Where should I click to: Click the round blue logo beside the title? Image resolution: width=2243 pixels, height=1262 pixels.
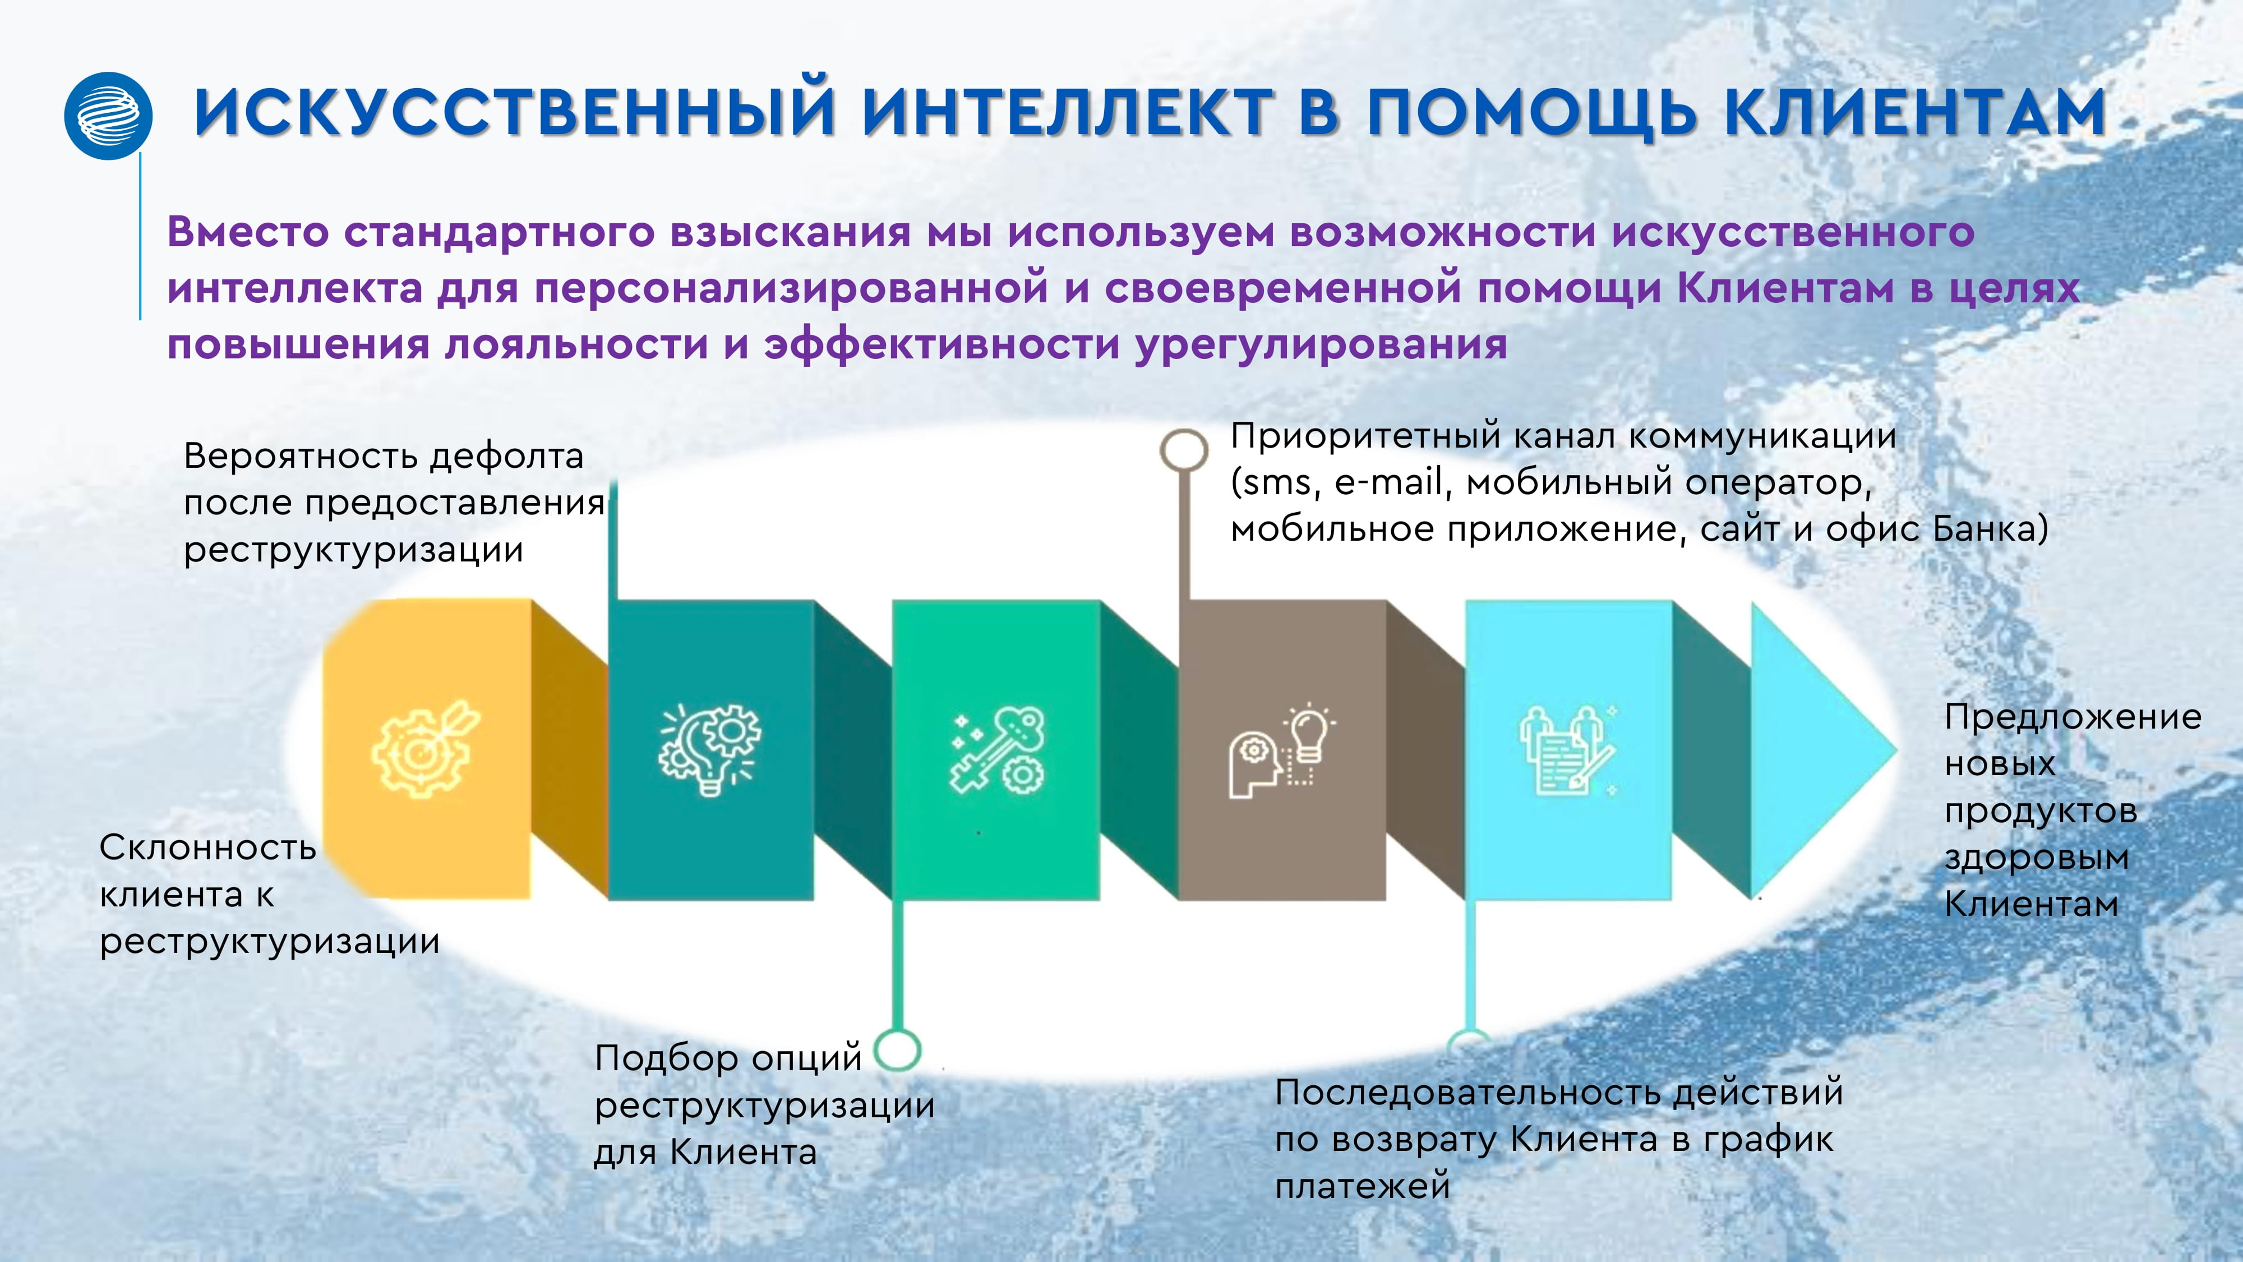click(x=109, y=116)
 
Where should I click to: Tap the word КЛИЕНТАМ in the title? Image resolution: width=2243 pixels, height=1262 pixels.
click(x=1915, y=113)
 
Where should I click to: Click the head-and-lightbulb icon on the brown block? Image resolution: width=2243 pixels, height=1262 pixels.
click(x=1281, y=751)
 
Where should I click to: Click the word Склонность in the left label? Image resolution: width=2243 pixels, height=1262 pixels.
click(x=207, y=848)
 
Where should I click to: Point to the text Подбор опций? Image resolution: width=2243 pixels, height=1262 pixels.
click(x=728, y=1059)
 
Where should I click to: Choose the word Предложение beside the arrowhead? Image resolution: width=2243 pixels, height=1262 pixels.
click(x=2073, y=718)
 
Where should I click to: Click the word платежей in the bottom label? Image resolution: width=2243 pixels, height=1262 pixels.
click(x=1363, y=1186)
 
